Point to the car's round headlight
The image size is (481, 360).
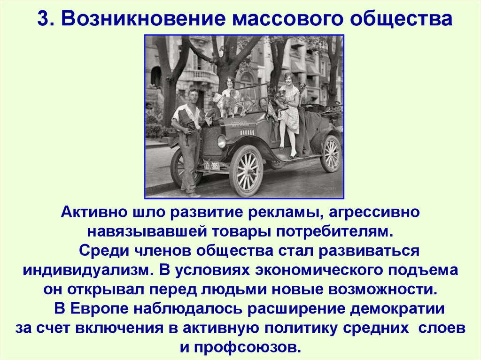[x=221, y=141]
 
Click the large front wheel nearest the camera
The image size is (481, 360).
[x=246, y=170]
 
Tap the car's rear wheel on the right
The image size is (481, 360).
[x=330, y=153]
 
